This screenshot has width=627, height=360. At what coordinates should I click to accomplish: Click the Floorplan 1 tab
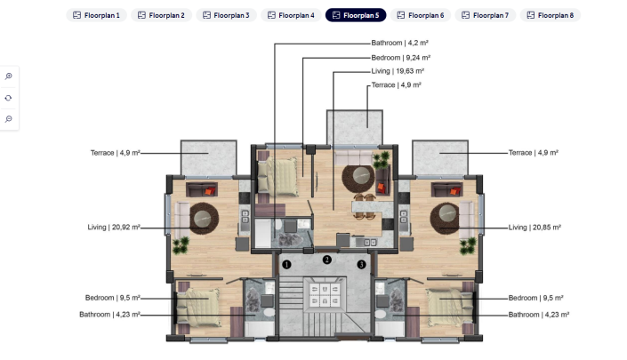pyautogui.click(x=97, y=15)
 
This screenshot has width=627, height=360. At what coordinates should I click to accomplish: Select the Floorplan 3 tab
pyautogui.click(x=226, y=15)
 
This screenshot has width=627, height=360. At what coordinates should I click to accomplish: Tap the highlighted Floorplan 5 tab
pyautogui.click(x=356, y=15)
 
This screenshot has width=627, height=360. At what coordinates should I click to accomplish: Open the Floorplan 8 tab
pyautogui.click(x=550, y=15)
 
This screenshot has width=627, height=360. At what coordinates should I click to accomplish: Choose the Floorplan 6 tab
pyautogui.click(x=420, y=15)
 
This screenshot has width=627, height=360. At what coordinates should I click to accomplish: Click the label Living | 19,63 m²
pyautogui.click(x=398, y=70)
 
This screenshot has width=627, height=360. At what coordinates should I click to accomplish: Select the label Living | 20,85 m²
pyautogui.click(x=535, y=228)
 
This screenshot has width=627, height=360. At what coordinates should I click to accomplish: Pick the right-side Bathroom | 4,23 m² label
pyautogui.click(x=539, y=314)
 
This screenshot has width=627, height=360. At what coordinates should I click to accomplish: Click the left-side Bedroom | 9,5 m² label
pyautogui.click(x=113, y=298)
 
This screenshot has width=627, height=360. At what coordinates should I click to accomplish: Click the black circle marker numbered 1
pyautogui.click(x=286, y=264)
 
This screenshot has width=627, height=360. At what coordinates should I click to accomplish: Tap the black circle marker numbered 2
pyautogui.click(x=327, y=260)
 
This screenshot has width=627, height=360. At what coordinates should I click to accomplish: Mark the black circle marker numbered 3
pyautogui.click(x=361, y=264)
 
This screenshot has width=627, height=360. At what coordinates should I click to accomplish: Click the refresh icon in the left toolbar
pyautogui.click(x=9, y=98)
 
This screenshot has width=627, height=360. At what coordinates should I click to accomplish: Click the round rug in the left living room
pyautogui.click(x=202, y=217)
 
